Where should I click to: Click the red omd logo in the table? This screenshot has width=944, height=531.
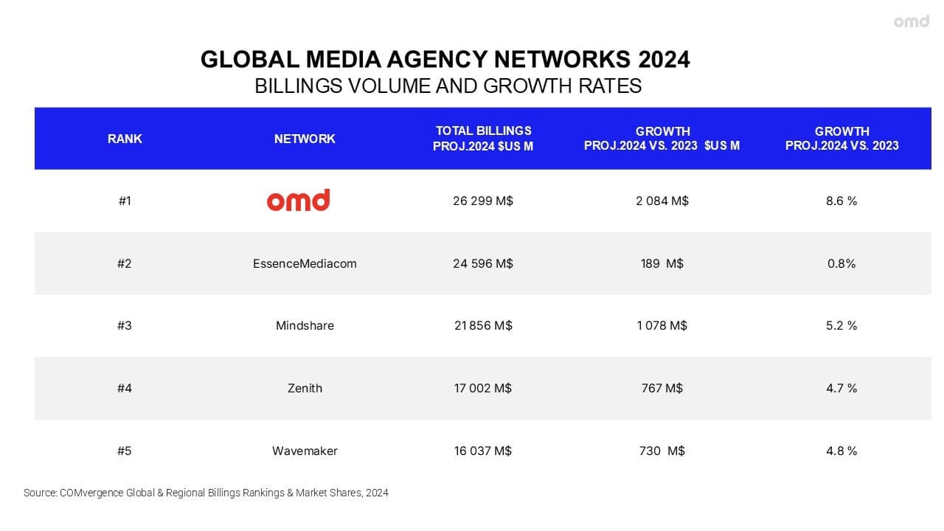tap(298, 200)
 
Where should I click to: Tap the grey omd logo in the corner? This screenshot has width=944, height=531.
tap(912, 21)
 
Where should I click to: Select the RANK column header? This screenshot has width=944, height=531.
tap(125, 139)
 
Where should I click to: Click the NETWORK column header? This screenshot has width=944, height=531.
tap(305, 139)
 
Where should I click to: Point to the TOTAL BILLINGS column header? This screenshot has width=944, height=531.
tap(483, 139)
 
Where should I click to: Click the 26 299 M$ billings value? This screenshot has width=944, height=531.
tap(483, 201)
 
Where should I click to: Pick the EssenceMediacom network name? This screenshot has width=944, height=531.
tap(305, 263)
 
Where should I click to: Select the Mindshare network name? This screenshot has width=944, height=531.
tap(305, 325)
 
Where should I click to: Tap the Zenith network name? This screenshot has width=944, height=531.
tap(305, 388)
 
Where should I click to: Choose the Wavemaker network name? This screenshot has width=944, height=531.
tap(305, 451)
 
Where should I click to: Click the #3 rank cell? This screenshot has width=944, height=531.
tap(125, 325)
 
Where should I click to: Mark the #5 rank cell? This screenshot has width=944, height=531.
tap(125, 451)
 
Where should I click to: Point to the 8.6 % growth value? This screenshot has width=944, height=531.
tap(841, 201)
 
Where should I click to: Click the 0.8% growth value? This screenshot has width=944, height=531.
tap(841, 263)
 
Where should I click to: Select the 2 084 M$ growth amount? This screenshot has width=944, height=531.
tap(662, 201)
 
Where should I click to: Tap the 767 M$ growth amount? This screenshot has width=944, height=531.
tap(662, 388)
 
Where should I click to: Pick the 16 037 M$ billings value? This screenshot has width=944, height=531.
tap(483, 451)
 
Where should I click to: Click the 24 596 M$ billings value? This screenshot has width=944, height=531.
tap(483, 263)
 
